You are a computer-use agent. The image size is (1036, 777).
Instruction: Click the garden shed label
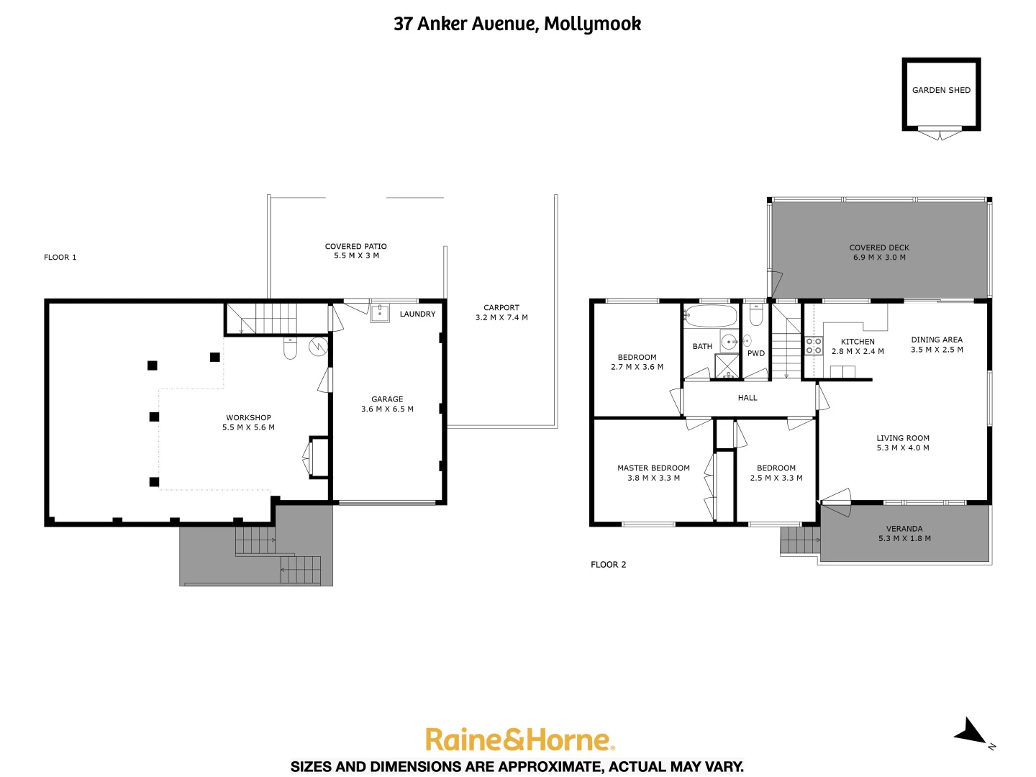tap(941, 90)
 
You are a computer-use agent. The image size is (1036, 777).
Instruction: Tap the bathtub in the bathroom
tap(711, 316)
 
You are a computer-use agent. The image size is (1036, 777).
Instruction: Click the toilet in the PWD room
tap(756, 315)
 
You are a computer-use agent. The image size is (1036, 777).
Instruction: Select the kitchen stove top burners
tap(814, 346)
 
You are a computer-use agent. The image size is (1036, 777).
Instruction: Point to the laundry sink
tap(380, 313)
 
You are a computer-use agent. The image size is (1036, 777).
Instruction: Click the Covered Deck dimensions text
tap(879, 258)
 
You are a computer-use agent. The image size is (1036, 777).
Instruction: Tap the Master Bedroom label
tap(653, 468)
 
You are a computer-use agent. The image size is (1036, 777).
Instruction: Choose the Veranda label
tap(904, 529)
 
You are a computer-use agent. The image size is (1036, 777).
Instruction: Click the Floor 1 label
tap(60, 257)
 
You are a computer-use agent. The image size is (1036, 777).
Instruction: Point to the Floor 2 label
tap(608, 565)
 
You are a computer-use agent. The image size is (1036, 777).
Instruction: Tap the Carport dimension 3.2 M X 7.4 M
tap(501, 317)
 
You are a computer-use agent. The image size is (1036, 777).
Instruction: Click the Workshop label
tap(248, 417)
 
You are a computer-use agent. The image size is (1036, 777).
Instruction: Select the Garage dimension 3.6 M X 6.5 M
tap(387, 409)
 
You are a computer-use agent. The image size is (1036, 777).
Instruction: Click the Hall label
tap(748, 398)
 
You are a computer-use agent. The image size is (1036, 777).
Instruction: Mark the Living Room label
tap(903, 438)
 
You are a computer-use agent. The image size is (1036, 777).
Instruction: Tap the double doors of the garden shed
tap(940, 133)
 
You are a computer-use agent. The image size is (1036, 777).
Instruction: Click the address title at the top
tap(517, 24)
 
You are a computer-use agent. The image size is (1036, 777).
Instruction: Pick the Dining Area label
tap(937, 340)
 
